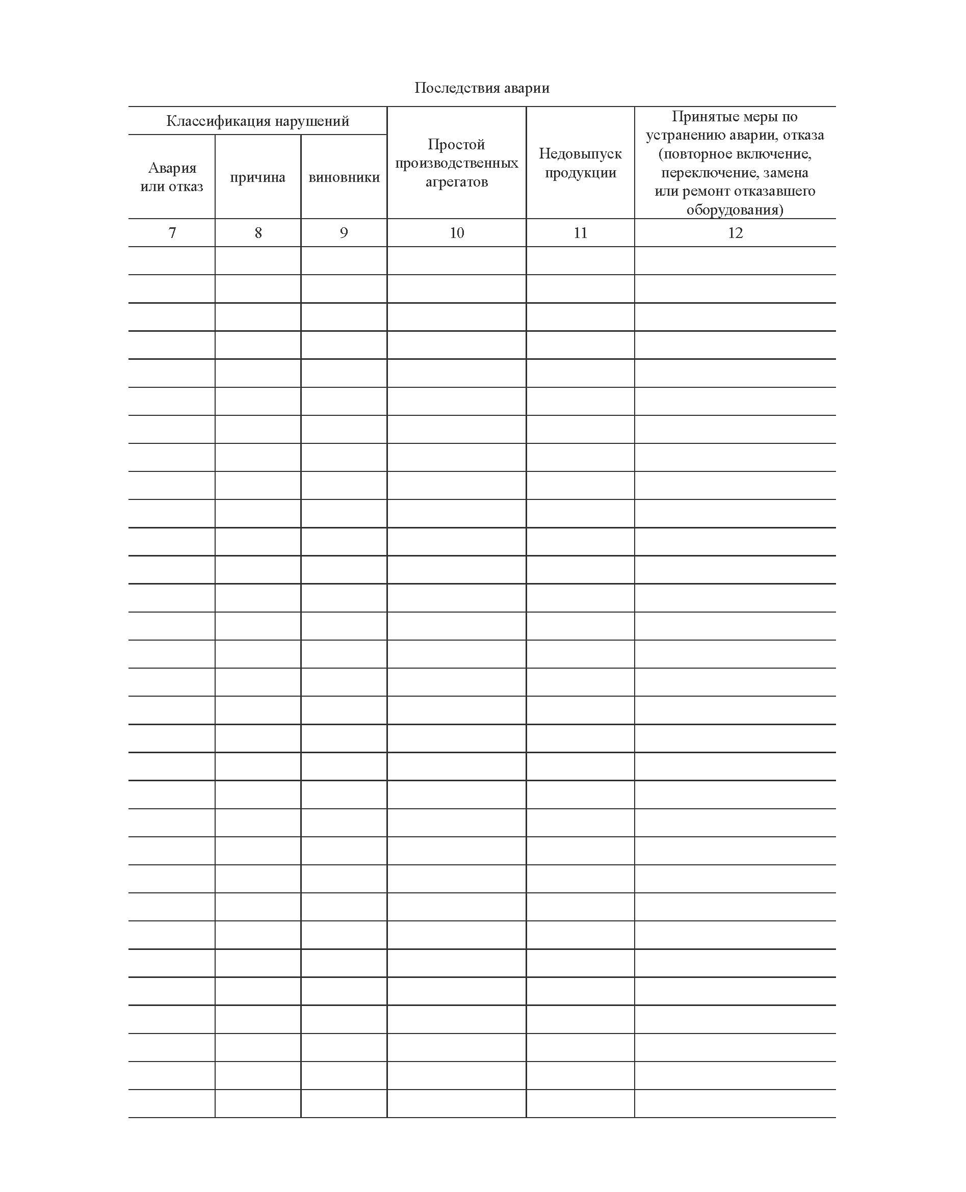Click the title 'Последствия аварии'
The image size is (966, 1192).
coord(482,88)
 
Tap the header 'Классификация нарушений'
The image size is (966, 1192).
coord(257,121)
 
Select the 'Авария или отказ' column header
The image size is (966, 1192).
coord(171,177)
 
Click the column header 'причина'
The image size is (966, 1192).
coord(257,177)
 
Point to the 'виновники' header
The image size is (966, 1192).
coord(344,177)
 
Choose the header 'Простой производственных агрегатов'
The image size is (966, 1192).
coord(456,163)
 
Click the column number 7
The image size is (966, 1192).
coord(172,232)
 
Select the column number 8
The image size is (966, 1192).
coord(258,232)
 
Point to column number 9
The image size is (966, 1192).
coord(344,232)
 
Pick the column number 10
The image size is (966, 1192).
coord(457,232)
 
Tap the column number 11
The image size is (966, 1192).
coord(581,232)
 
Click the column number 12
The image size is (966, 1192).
coord(735,232)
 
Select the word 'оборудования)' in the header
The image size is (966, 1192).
coord(735,209)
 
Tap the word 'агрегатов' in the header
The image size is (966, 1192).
coord(456,182)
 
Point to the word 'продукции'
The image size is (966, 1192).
coord(581,172)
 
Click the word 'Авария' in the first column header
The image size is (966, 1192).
coord(172,168)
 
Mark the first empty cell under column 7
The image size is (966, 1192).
coord(171,260)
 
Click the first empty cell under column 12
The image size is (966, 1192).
coord(735,260)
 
